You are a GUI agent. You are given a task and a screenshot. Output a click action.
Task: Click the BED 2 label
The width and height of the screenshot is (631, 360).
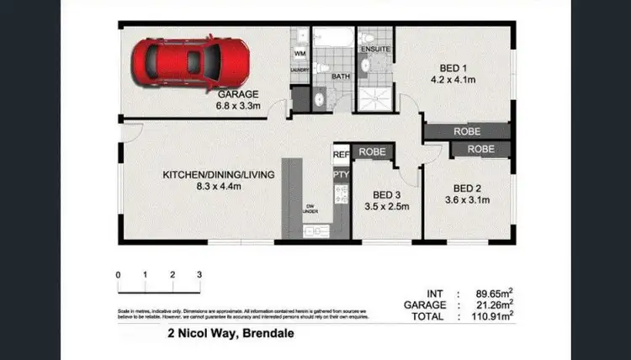click(x=467, y=188)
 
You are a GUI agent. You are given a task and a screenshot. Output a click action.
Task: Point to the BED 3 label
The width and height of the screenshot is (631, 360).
click(x=379, y=194)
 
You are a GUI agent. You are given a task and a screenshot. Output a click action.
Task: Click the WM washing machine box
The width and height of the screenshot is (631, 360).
click(x=300, y=53)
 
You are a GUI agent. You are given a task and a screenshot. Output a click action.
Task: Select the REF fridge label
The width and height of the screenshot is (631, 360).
click(x=341, y=154)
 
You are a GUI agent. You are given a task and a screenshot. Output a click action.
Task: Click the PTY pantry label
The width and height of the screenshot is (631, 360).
click(x=341, y=174)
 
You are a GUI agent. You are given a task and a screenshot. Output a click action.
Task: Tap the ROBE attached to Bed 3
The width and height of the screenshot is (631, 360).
click(x=371, y=152)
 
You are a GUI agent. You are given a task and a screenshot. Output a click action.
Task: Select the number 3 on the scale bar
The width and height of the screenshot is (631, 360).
click(x=199, y=275)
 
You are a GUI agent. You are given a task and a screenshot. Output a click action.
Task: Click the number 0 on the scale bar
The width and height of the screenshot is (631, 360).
click(x=119, y=275)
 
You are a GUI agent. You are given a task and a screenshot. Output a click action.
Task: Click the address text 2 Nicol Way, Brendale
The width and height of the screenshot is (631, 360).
click(x=232, y=333)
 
